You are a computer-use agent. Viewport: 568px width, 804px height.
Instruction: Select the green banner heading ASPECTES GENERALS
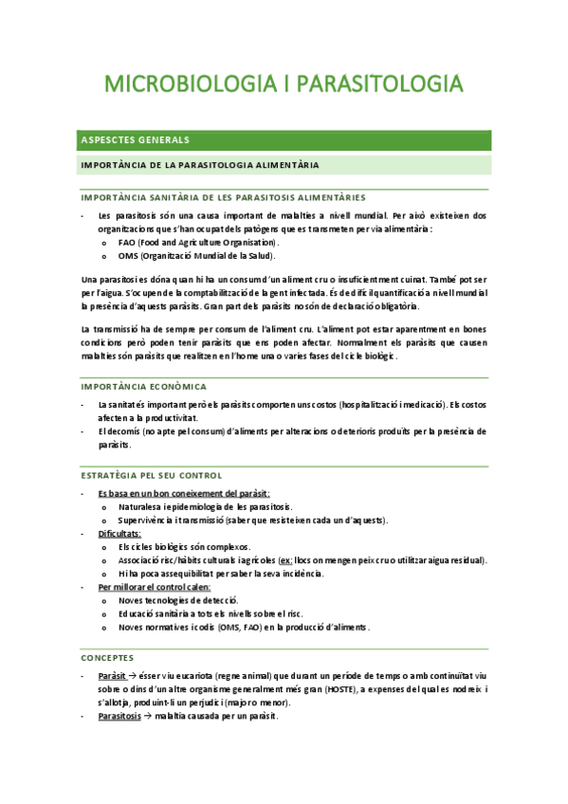[136, 140]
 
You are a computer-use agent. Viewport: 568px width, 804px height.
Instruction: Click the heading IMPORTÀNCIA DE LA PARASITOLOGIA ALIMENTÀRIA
[200, 165]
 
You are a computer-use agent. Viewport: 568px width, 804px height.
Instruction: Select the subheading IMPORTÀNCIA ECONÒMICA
[144, 387]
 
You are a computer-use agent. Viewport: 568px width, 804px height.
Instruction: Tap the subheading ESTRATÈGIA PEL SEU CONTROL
[152, 475]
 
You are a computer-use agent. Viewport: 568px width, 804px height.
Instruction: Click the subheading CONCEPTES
[107, 657]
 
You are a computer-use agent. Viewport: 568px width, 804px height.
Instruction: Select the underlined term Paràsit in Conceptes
[111, 676]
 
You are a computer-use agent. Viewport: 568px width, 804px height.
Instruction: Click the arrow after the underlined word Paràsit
[133, 676]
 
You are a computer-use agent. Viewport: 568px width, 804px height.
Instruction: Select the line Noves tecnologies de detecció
[178, 600]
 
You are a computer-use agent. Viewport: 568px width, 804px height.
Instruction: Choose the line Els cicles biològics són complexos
[184, 547]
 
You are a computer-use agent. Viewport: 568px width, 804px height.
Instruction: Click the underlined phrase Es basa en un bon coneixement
[184, 494]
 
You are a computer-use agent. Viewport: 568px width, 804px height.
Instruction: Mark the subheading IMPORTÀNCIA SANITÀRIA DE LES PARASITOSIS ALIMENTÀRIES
[223, 197]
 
